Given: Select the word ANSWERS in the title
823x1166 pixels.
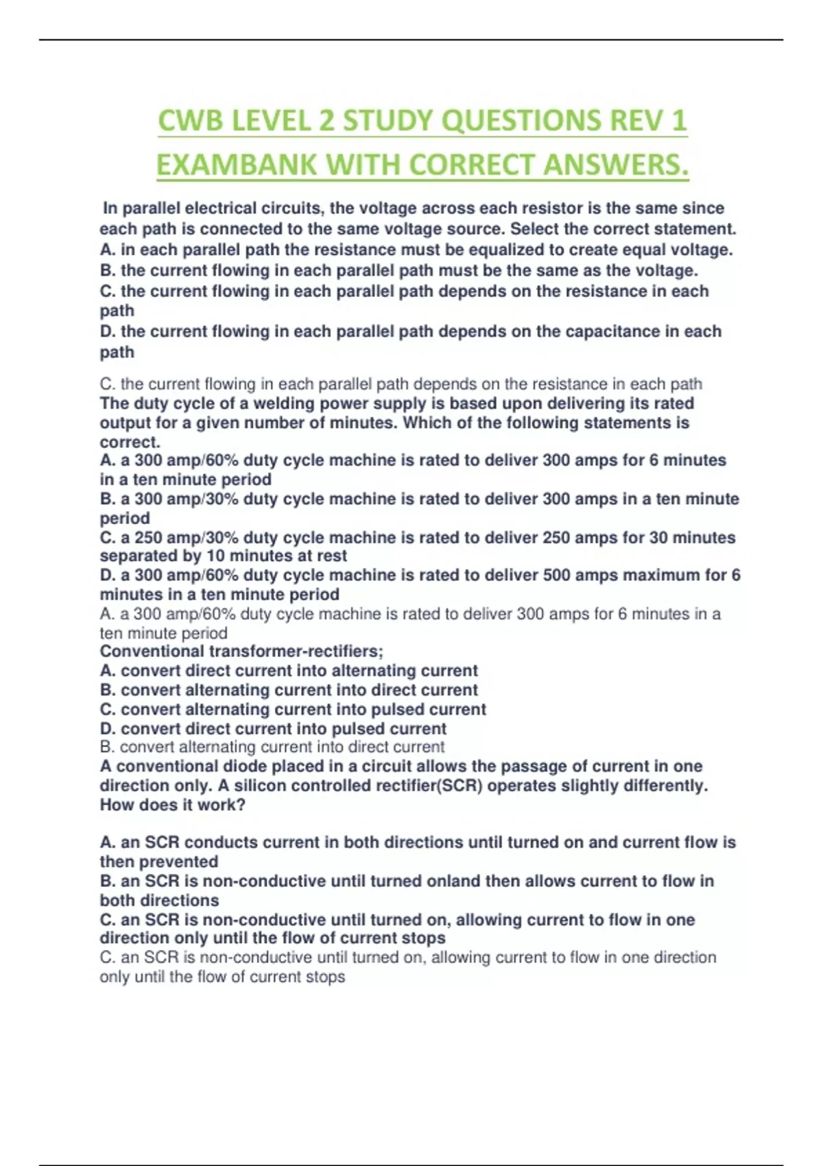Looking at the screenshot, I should click(616, 165).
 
